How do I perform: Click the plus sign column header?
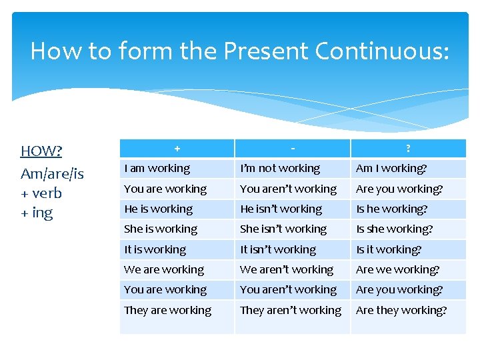(x=177, y=149)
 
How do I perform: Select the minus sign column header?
(x=293, y=149)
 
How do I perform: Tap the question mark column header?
(x=408, y=149)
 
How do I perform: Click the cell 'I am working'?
(x=157, y=169)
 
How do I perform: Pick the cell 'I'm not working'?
(x=280, y=169)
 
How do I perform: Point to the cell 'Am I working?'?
(x=391, y=169)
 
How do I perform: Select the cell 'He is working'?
(x=159, y=209)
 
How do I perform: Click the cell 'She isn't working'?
(x=283, y=229)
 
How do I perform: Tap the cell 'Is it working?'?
(x=389, y=249)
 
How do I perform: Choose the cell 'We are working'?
(x=164, y=269)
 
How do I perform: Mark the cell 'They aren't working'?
(x=291, y=310)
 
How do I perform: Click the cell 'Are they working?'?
(x=401, y=310)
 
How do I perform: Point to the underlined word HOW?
(x=41, y=151)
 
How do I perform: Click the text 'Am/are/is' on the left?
(x=52, y=173)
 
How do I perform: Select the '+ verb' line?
(x=41, y=193)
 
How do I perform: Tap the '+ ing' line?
(x=37, y=213)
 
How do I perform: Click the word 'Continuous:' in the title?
(x=387, y=51)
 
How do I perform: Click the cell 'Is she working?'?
(x=395, y=229)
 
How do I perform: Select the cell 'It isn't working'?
(x=278, y=249)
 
